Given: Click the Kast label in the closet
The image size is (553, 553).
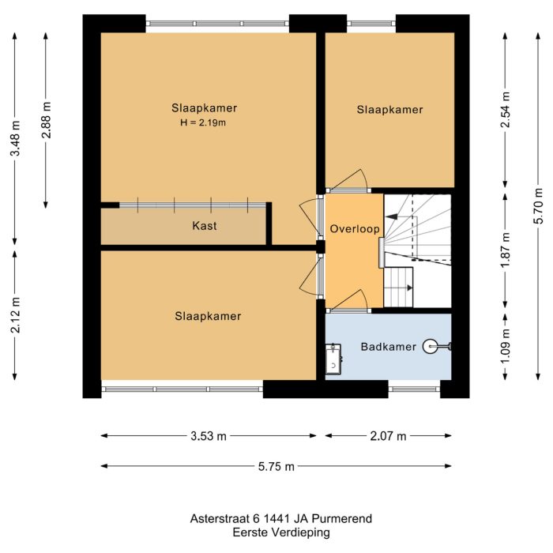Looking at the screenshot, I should point(205,226).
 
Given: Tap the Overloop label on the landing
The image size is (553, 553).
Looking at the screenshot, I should point(355,229).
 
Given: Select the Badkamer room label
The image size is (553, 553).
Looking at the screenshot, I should point(388,347).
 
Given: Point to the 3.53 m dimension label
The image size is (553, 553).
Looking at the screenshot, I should point(208,435).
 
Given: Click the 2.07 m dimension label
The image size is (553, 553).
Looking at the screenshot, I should point(388,435).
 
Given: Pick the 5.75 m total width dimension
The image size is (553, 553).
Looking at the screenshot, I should point(276,466).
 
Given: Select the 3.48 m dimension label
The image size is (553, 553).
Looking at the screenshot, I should point(15,137).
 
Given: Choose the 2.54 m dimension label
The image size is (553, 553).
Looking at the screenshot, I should point(506,110).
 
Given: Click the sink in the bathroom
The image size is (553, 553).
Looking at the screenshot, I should point(333,359).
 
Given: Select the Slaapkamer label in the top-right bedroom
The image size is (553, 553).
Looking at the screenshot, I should point(389,110).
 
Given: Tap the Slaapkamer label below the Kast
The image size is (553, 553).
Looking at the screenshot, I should point(208,316).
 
